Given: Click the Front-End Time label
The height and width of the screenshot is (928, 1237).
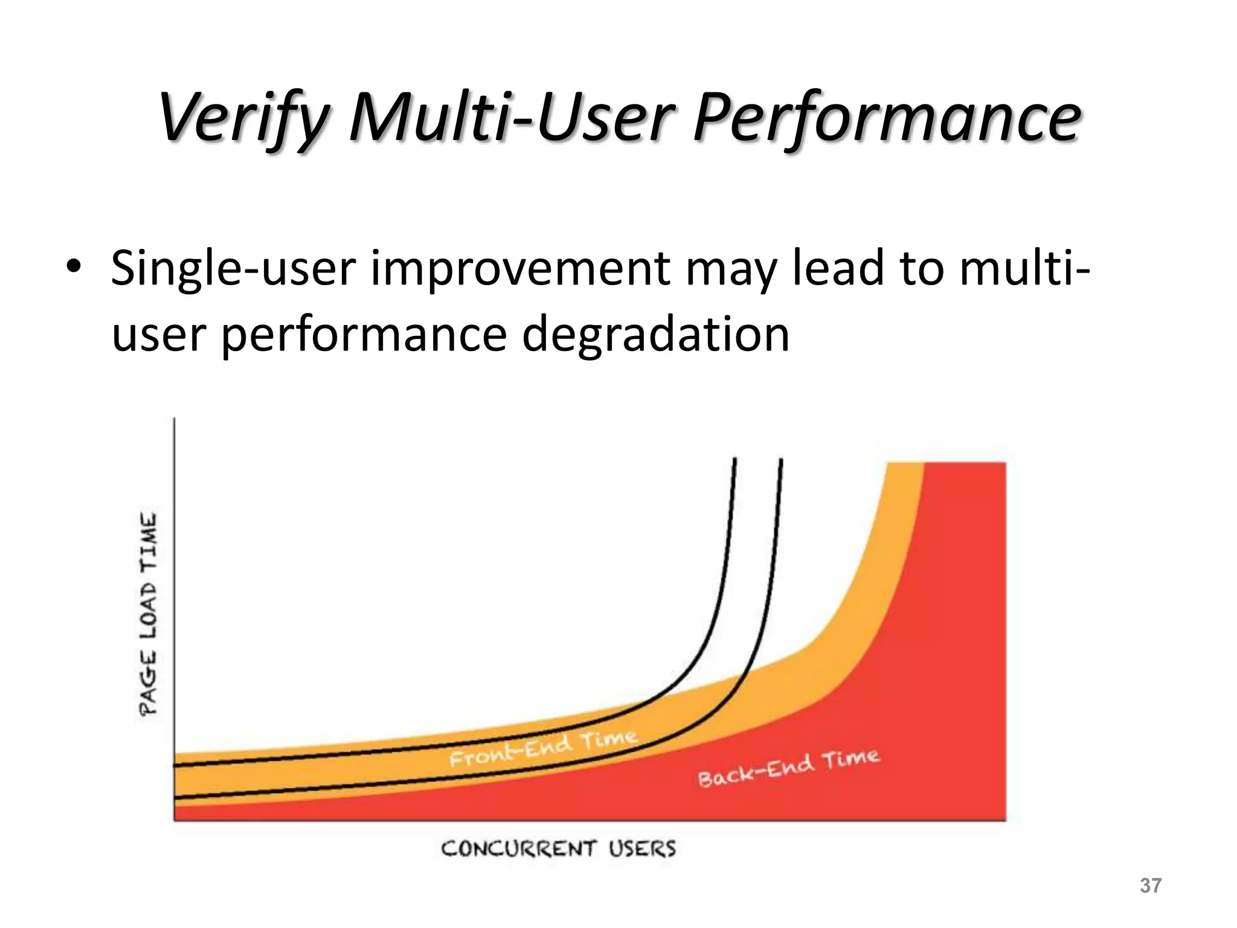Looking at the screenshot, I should coord(543,748).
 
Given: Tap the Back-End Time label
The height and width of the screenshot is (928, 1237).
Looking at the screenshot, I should coord(788,768).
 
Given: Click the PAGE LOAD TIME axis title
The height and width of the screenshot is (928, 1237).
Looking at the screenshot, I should coord(149,614).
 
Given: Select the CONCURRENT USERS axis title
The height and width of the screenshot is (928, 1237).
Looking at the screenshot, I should coord(558,849).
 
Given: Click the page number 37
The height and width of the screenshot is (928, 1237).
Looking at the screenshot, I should coord(1150,886).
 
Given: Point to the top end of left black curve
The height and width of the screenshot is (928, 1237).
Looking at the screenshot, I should coord(735,460).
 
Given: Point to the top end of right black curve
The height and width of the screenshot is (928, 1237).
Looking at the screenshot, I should coord(781,460).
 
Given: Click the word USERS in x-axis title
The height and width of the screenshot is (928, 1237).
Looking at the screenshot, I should coord(641,849).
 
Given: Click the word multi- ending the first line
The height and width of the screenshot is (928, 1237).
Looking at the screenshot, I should coord(1024,268).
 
